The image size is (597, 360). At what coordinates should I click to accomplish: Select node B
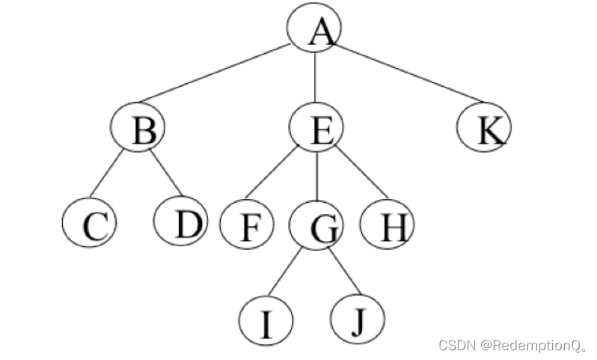tap(137, 129)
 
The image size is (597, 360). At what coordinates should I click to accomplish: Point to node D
tap(180, 222)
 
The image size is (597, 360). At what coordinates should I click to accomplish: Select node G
tap(316, 225)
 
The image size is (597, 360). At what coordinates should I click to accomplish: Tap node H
tap(386, 225)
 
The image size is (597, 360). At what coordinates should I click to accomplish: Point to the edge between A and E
tap(315, 78)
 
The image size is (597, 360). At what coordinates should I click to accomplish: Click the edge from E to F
tap(272, 172)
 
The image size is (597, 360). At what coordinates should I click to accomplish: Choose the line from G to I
tap(285, 272)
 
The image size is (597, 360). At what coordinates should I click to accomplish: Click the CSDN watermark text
tap(513, 345)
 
